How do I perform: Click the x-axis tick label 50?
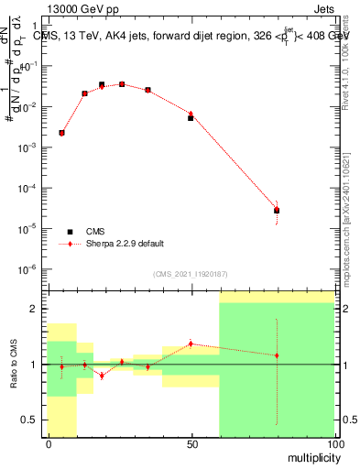(x=191, y=443)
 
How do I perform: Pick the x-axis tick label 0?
(x=48, y=443)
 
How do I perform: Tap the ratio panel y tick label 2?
(x=34, y=309)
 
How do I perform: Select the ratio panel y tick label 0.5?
(x=30, y=420)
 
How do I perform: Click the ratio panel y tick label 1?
(x=34, y=365)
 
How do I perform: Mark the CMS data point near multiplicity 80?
(x=277, y=211)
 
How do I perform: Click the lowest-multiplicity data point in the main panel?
(x=61, y=133)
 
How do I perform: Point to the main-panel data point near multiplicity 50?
(x=191, y=117)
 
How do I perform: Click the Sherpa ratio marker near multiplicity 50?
(x=191, y=344)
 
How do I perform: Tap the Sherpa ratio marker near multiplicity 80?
(x=277, y=355)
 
